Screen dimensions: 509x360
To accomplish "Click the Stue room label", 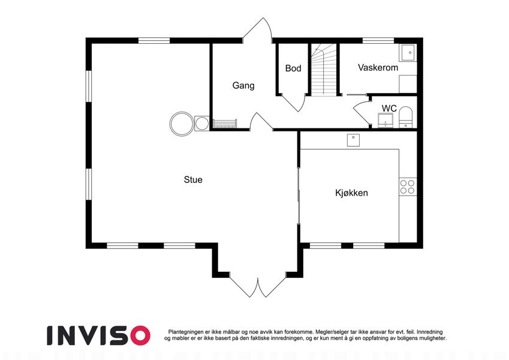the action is click(193, 179).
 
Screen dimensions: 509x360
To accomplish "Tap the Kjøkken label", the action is click(351, 193).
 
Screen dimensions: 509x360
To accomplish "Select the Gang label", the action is click(243, 86).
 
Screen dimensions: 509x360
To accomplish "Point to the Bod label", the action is click(293, 68).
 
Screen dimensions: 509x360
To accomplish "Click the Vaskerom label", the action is click(378, 68).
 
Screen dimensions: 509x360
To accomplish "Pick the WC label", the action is click(389, 108).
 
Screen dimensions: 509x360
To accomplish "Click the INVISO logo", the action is click(99, 335).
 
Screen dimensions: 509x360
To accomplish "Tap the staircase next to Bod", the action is click(324, 69).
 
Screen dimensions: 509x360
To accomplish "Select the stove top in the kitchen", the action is click(408, 187).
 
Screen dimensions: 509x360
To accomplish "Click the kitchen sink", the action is click(353, 140).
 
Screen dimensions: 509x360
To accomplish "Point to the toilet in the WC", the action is click(405, 117).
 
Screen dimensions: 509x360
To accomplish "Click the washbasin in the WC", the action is click(385, 121).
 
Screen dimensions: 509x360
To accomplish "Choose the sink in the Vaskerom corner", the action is click(408, 53).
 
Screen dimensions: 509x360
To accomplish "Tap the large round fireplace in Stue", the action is click(182, 124).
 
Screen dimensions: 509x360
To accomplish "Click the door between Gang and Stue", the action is click(261, 121).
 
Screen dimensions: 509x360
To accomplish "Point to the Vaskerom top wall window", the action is click(378, 41).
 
